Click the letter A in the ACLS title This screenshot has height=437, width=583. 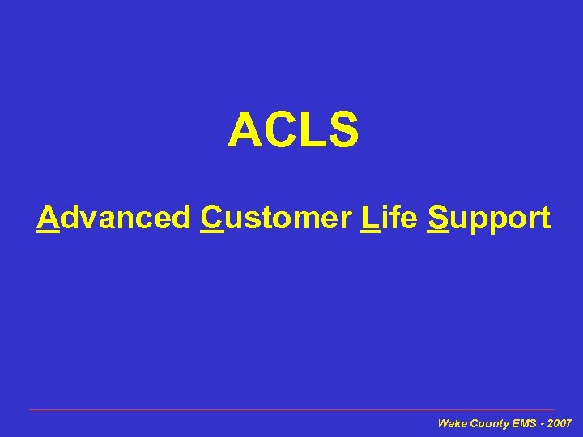[245, 131]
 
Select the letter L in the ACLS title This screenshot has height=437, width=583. [311, 131]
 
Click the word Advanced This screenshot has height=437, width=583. [113, 218]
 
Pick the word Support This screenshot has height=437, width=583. [489, 219]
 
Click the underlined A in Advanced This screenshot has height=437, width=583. [49, 218]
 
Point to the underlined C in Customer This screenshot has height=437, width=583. [211, 218]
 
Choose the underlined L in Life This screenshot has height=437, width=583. [369, 218]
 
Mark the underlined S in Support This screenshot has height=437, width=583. [438, 218]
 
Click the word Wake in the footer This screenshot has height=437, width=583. [451, 423]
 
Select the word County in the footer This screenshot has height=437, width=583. [488, 423]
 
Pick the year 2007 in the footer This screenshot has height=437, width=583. [560, 423]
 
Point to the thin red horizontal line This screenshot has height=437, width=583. [291, 410]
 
